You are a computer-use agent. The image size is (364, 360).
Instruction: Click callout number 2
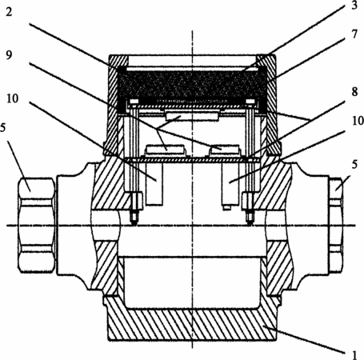tap(9, 12)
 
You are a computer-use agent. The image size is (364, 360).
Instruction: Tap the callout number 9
tap(9, 55)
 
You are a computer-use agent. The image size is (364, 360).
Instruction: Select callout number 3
tap(354, 6)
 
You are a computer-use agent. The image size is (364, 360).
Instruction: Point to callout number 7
tap(354, 34)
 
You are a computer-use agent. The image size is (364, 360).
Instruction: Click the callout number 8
tap(354, 92)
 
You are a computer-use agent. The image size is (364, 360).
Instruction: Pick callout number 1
tap(354, 355)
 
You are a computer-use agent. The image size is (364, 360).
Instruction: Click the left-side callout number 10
tap(13, 98)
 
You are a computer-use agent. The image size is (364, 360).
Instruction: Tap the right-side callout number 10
tap(358, 121)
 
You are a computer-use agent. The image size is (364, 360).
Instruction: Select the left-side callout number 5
tap(2, 128)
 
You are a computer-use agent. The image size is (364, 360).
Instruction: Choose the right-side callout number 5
tap(354, 165)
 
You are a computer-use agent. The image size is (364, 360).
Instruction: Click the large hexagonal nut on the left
tap(37, 226)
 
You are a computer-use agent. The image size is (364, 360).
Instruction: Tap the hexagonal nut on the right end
tap(336, 226)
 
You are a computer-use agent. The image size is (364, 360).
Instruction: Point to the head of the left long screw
tap(133, 102)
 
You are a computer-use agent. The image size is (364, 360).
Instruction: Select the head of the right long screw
tap(250, 102)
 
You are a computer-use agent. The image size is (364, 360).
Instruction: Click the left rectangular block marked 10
tap(154, 184)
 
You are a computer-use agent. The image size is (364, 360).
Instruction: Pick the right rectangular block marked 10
tap(230, 184)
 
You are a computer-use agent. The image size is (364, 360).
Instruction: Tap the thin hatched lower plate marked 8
tap(192, 160)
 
